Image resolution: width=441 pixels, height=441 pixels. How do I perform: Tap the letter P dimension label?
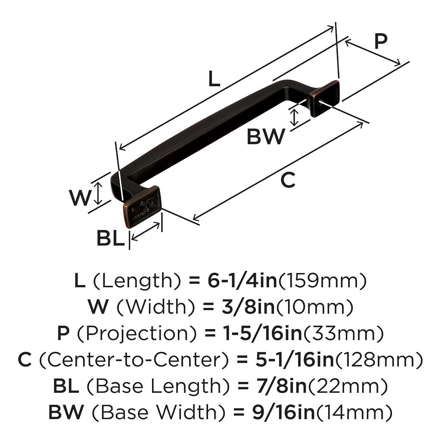point(380,42)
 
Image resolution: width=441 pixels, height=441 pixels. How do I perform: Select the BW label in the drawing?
point(266,137)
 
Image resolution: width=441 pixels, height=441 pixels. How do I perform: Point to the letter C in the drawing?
point(288,180)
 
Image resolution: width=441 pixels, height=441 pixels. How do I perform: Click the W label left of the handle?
point(81,198)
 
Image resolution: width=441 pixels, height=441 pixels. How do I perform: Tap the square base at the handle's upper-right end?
point(326,98)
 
